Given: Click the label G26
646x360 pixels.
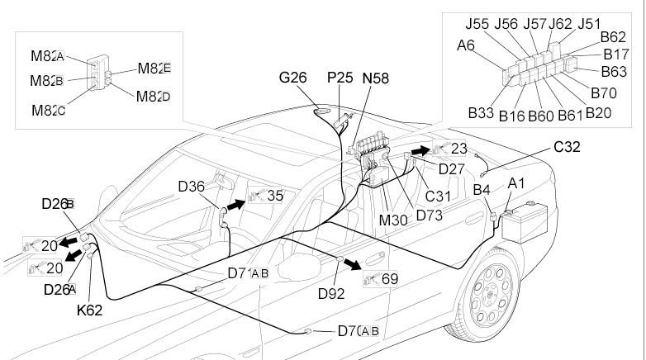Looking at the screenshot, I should (293, 78).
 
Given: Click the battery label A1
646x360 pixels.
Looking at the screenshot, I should (515, 182).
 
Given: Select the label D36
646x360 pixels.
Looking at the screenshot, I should (191, 186).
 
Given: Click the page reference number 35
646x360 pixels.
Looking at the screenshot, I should (275, 196).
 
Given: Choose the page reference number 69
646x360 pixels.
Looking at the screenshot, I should (390, 279).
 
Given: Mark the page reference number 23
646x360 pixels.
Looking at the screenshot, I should (459, 149).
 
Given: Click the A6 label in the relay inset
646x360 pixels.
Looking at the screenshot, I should (465, 48).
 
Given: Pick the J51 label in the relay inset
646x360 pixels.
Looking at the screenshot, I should (589, 24).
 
